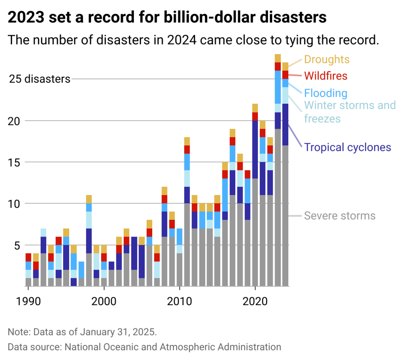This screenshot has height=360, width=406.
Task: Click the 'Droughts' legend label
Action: [x=327, y=59]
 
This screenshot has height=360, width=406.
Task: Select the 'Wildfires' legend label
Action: [x=325, y=76]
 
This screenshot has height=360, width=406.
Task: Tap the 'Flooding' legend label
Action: [x=325, y=93]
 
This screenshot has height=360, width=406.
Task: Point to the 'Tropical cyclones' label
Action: [x=347, y=147]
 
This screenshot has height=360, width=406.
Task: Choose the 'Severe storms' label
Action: [x=339, y=216]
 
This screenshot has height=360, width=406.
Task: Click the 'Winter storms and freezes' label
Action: [x=350, y=112]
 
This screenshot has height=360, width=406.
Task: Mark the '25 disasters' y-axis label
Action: [x=40, y=79]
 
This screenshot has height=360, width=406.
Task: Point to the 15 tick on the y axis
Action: [x=14, y=162]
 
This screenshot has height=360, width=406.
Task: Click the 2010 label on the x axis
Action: [x=179, y=301]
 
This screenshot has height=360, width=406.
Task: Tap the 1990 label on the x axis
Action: [x=28, y=301]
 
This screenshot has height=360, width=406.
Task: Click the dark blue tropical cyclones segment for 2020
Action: [x=255, y=149]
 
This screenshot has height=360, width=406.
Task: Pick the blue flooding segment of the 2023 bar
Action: [x=278, y=87]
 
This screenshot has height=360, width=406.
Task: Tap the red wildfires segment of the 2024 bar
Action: [x=285, y=75]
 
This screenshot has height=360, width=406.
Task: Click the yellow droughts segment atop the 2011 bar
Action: [x=187, y=141]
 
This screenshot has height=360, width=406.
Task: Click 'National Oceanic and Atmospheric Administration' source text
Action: [x=173, y=347]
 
